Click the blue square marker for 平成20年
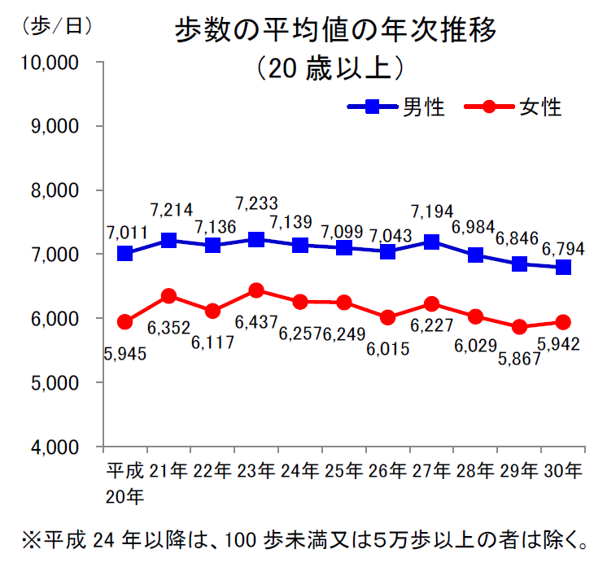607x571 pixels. (x=124, y=253)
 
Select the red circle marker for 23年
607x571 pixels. (x=256, y=290)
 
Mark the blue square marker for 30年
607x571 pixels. (x=562, y=267)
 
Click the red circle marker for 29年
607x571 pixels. (x=519, y=327)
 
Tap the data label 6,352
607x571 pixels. (x=168, y=329)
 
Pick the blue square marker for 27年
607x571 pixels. (x=431, y=242)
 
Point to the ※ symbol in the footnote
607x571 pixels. (x=32, y=540)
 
